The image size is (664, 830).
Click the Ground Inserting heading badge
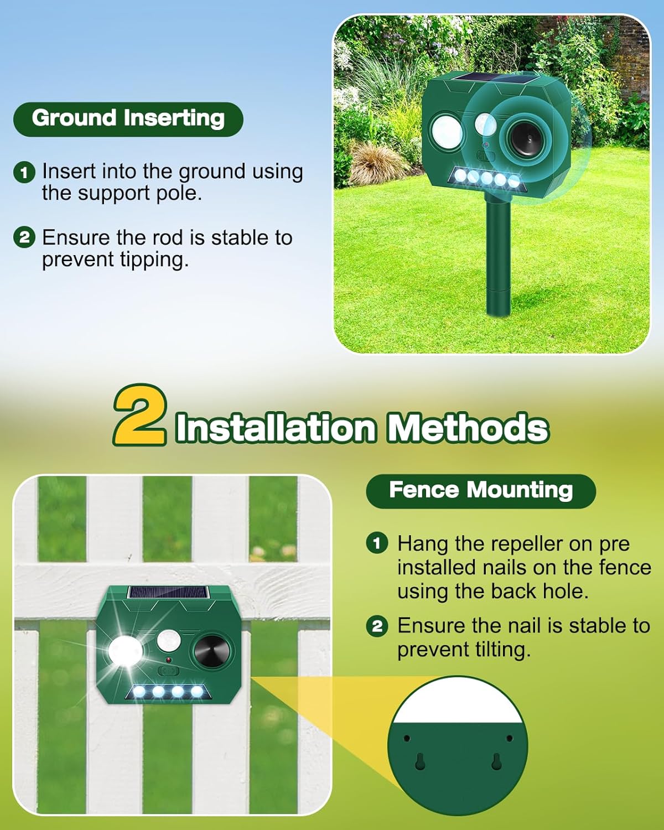(128, 118)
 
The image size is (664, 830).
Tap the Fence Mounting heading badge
(480, 490)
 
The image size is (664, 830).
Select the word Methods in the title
(468, 428)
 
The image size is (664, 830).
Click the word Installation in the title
(276, 428)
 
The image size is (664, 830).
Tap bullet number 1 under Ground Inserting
(24, 172)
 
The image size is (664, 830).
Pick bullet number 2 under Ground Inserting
(24, 238)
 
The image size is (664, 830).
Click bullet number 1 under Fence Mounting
(377, 543)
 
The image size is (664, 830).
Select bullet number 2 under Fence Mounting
(377, 626)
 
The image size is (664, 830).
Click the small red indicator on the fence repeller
(168, 661)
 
